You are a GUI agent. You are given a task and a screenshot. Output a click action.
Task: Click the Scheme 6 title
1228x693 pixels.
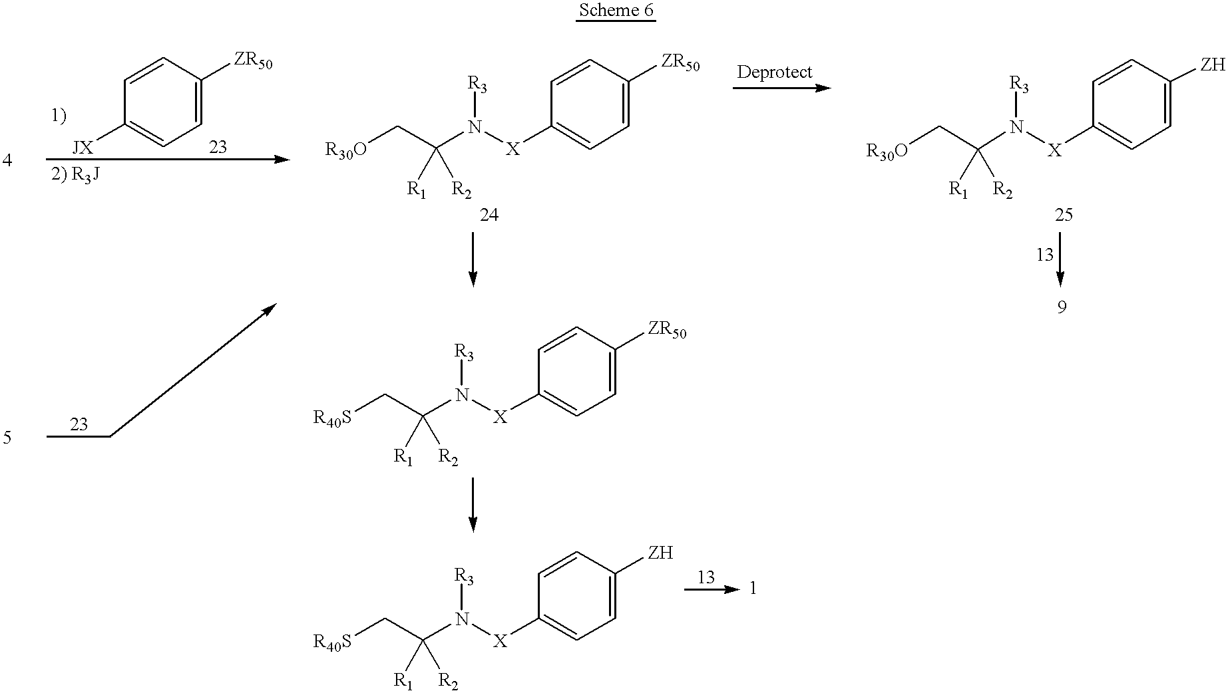616,11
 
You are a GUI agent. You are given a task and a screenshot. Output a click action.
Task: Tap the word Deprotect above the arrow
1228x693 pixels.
774,72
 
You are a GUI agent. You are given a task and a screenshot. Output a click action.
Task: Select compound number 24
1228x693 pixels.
489,215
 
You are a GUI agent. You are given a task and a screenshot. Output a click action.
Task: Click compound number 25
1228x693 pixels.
1064,215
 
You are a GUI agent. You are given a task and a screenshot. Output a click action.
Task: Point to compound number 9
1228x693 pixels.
1062,307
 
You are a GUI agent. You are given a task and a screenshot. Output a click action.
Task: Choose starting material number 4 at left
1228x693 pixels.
7,160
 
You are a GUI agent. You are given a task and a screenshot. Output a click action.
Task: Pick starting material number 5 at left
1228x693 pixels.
7,438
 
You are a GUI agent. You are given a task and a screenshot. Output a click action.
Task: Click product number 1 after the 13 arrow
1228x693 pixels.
753,589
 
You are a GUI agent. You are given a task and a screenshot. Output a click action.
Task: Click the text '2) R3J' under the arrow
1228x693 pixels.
75,176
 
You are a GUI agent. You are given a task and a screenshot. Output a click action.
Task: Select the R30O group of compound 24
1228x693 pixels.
346,150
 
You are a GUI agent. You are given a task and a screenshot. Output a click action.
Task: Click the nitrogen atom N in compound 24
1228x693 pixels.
475,126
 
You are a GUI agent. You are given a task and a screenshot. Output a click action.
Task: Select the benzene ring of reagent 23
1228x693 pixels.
162,101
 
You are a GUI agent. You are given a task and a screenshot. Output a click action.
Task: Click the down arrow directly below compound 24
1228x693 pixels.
473,259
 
